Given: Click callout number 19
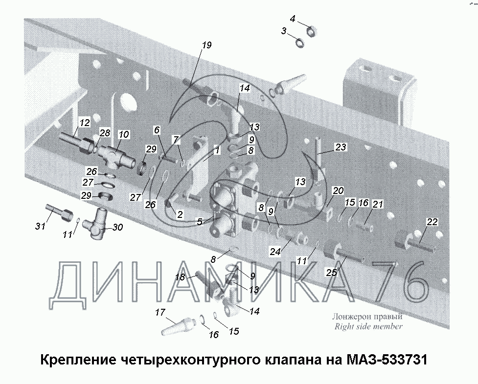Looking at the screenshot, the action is point(206,45).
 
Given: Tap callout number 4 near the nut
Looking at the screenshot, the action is point(293,19).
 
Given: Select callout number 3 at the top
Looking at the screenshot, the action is point(284,31).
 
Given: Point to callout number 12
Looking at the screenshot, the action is point(85,123).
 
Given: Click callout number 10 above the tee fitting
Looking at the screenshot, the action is point(124,134).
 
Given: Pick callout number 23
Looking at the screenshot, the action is point(341,147).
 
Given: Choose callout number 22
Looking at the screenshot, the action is point(432,222).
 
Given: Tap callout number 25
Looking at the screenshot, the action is point(331,273).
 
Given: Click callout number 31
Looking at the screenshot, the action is point(40,226).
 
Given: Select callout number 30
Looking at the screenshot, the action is point(118,227).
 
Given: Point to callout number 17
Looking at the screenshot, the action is point(160,312).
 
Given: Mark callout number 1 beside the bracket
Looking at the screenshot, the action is point(217,150).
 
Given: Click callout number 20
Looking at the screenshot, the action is point(338,191).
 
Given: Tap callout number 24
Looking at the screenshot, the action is point(275,252).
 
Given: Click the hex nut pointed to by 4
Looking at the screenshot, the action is point(312,31).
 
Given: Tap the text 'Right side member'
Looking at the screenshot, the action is point(368,326).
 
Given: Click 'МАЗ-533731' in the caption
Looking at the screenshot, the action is point(387,360).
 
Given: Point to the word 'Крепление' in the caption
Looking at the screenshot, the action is point(78,360).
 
